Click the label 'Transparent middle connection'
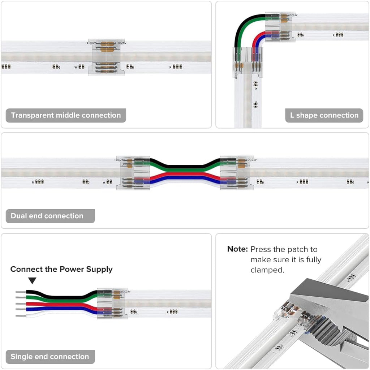tap(66, 116)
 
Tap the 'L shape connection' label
tap(324, 116)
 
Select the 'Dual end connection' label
tap(47, 216)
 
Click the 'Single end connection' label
tap(50, 357)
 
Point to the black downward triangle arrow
tap(33, 280)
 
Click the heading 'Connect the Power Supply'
tap(61, 269)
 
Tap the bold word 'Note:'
tap(237, 249)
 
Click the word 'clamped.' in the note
tap(267, 270)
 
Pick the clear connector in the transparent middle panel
tap(106, 57)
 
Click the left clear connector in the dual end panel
tap(133, 173)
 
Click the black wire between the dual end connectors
tap(185, 166)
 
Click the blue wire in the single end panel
tap(54, 310)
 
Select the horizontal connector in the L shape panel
tap(277, 27)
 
